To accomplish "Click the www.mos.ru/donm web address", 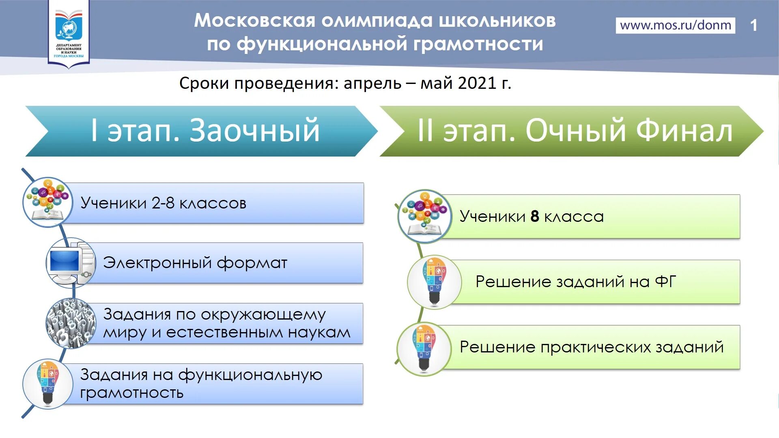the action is tap(676, 25).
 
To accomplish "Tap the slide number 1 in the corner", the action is tap(753, 25).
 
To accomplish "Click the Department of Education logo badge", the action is tap(69, 34).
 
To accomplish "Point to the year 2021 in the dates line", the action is tap(477, 83).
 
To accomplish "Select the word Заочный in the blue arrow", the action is tap(255, 130).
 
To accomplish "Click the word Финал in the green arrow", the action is tap(684, 130).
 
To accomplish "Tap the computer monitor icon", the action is tap(71, 263).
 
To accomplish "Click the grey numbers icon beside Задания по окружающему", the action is tap(71, 323).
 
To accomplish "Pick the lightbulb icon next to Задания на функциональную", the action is tap(47, 384).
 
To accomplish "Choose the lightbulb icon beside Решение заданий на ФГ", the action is tap(434, 281).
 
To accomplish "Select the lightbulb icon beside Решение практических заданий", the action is tap(424, 348).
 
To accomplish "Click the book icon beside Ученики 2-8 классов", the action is tap(47, 202).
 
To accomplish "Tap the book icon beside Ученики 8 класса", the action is tap(425, 216).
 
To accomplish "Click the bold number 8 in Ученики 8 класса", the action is tap(535, 216).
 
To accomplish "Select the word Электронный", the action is tap(157, 263).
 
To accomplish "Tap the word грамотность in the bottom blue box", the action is tap(132, 393).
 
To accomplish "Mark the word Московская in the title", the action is tap(254, 20).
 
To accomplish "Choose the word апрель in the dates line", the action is tap(372, 84).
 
